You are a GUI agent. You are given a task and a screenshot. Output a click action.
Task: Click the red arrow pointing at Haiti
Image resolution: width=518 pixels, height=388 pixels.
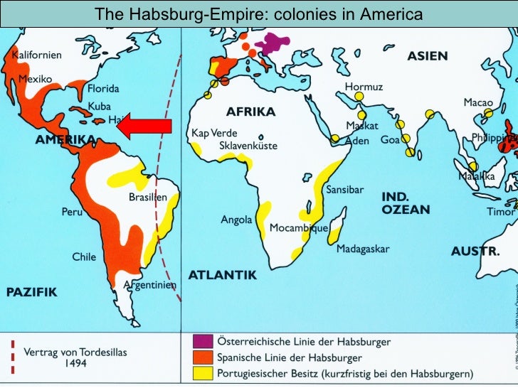(x=144, y=127)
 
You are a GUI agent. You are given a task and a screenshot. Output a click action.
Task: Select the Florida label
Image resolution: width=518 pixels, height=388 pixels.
(x=103, y=90)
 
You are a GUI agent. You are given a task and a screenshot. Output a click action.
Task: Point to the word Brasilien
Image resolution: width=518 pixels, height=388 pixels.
(x=148, y=198)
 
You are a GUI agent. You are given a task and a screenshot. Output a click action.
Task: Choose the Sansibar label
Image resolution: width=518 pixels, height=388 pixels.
(x=344, y=190)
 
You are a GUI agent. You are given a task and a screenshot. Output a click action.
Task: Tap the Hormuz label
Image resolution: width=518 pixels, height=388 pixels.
(x=364, y=87)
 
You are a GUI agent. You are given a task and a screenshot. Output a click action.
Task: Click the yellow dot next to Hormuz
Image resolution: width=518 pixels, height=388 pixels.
(x=359, y=97)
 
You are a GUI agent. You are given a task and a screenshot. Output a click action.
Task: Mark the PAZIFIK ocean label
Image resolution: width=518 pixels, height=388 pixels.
(x=31, y=292)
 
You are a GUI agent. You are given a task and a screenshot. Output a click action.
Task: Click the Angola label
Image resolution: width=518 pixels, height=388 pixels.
(x=236, y=220)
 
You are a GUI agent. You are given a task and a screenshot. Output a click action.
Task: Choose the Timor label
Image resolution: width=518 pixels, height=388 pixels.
(x=500, y=212)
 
